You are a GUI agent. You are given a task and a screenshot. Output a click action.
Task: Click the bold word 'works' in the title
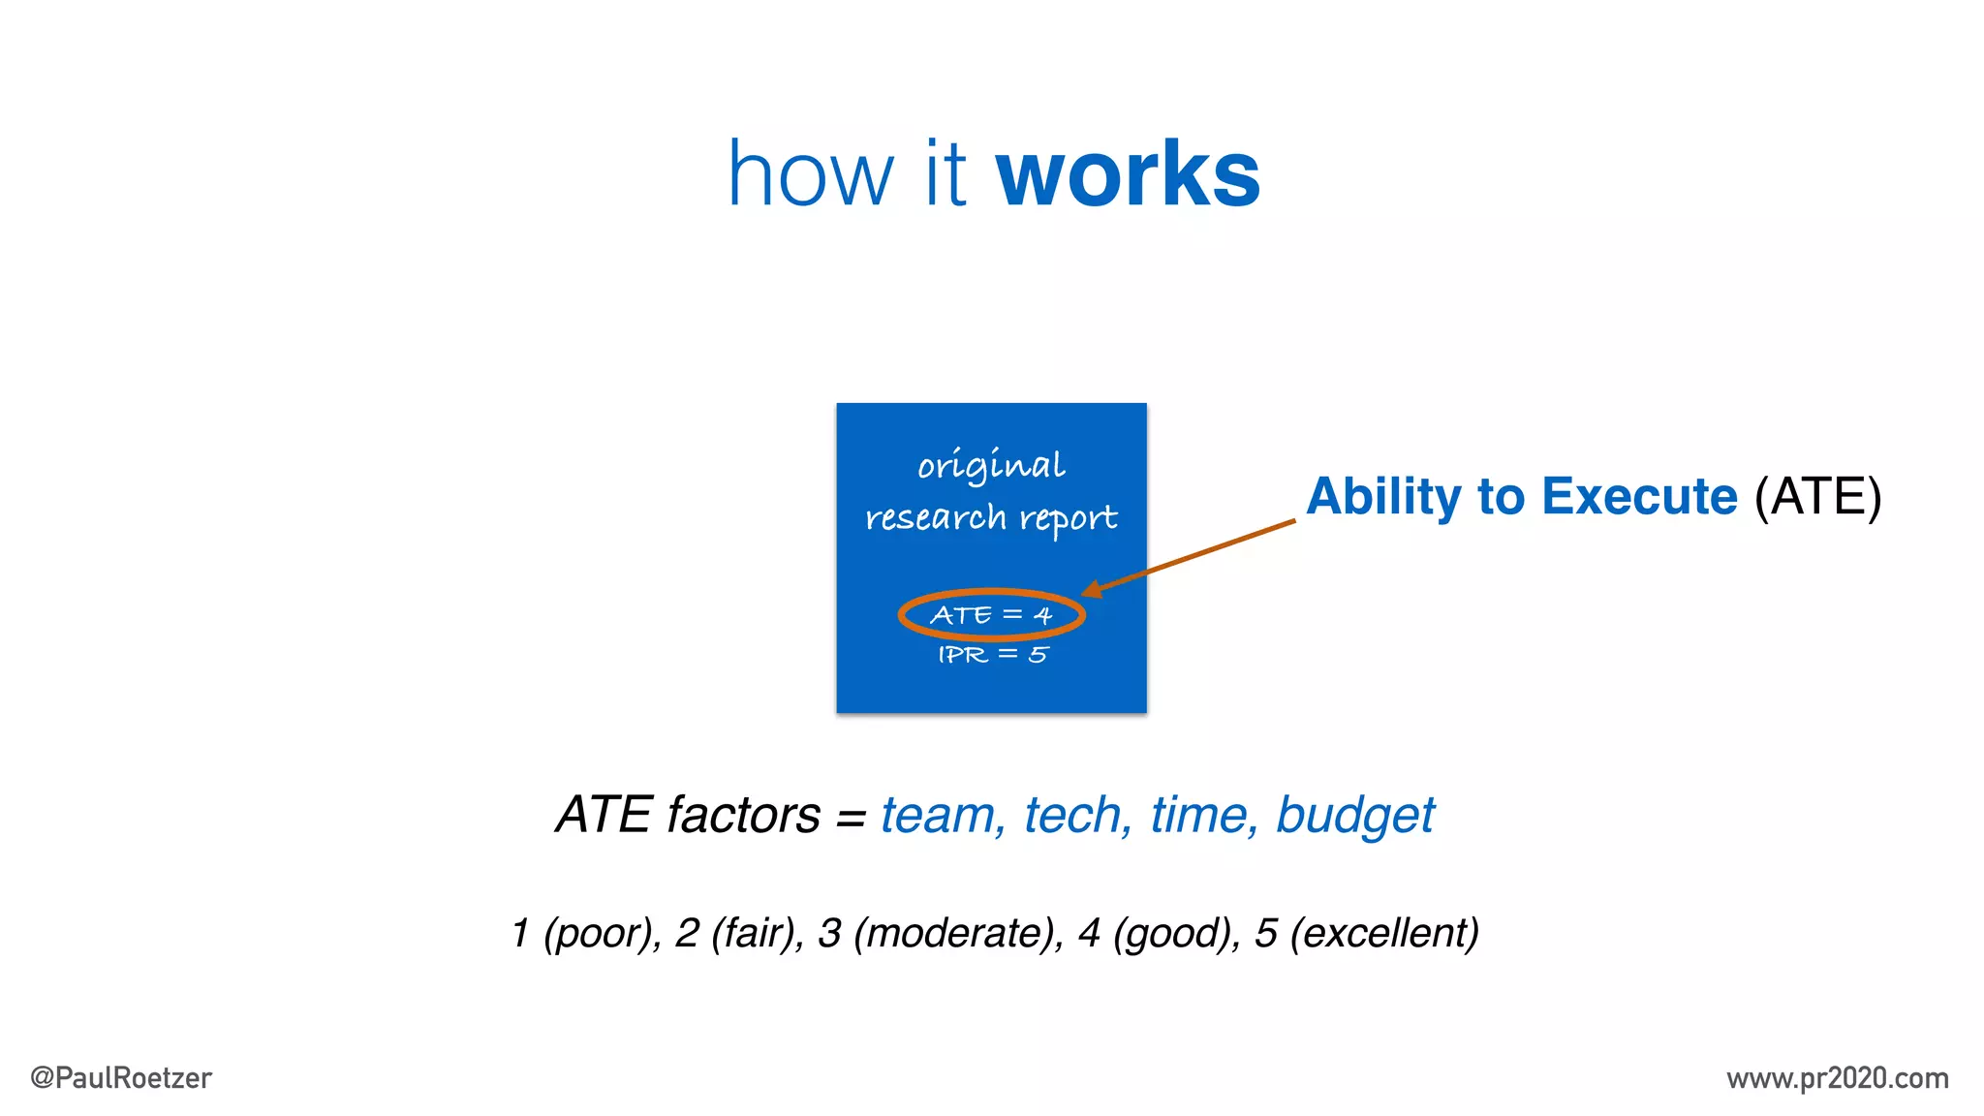click(1128, 175)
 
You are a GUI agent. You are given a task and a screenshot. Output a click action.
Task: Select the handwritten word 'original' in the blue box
click(991, 466)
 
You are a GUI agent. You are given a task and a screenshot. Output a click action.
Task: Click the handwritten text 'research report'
click(991, 518)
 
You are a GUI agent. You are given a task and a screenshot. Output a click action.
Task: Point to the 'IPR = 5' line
click(992, 655)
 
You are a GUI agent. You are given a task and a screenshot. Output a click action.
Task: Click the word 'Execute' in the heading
click(1639, 497)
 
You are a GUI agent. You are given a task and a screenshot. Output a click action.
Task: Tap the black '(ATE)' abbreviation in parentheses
click(1817, 497)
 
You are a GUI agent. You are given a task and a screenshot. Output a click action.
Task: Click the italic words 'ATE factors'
click(689, 815)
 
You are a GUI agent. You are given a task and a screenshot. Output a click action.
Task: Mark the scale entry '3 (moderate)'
click(940, 933)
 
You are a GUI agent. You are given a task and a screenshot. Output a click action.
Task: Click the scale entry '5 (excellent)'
click(1366, 933)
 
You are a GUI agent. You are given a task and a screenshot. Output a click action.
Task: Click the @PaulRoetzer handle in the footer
click(121, 1078)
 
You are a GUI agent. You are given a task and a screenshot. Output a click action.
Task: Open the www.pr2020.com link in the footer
click(1837, 1078)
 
